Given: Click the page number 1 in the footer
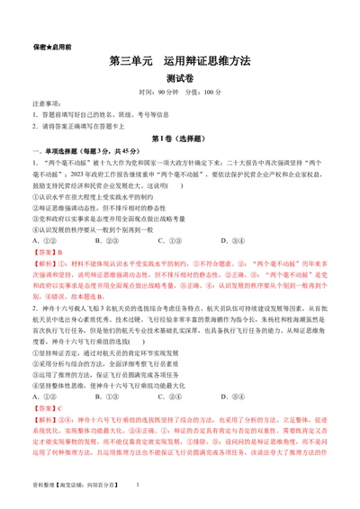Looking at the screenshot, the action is click(x=136, y=486).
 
